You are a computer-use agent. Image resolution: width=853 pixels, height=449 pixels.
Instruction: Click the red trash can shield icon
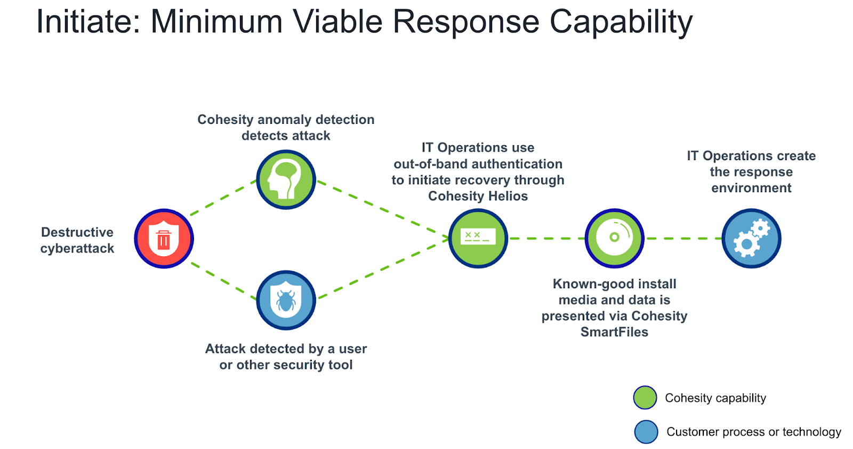pyautogui.click(x=164, y=239)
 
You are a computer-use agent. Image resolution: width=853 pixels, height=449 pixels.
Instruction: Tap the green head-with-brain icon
pyautogui.click(x=286, y=179)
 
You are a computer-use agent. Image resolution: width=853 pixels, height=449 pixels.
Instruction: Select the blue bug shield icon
pyautogui.click(x=286, y=300)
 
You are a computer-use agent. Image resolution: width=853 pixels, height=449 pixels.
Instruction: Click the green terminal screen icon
pyautogui.click(x=478, y=238)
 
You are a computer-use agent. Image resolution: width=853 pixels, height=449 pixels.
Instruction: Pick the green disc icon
pyautogui.click(x=614, y=238)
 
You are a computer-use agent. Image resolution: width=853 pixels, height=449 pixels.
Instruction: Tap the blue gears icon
pyautogui.click(x=751, y=239)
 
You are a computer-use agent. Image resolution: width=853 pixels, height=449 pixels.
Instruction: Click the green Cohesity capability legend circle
pyautogui.click(x=645, y=398)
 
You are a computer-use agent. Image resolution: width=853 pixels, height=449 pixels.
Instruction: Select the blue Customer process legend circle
pyautogui.click(x=646, y=432)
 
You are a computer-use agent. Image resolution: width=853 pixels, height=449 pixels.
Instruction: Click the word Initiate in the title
pyautogui.click(x=87, y=22)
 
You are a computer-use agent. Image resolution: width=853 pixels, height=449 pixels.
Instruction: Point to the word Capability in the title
pyautogui.click(x=621, y=22)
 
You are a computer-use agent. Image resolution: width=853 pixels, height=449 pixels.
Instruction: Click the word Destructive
pyautogui.click(x=77, y=232)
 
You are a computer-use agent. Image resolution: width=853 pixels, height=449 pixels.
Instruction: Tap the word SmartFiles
pyautogui.click(x=614, y=332)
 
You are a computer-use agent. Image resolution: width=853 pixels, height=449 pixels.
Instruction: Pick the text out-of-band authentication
pyautogui.click(x=478, y=164)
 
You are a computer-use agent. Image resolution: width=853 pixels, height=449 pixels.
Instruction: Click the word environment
pyautogui.click(x=751, y=188)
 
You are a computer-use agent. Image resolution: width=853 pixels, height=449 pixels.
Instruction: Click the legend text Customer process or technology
pyautogui.click(x=753, y=432)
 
